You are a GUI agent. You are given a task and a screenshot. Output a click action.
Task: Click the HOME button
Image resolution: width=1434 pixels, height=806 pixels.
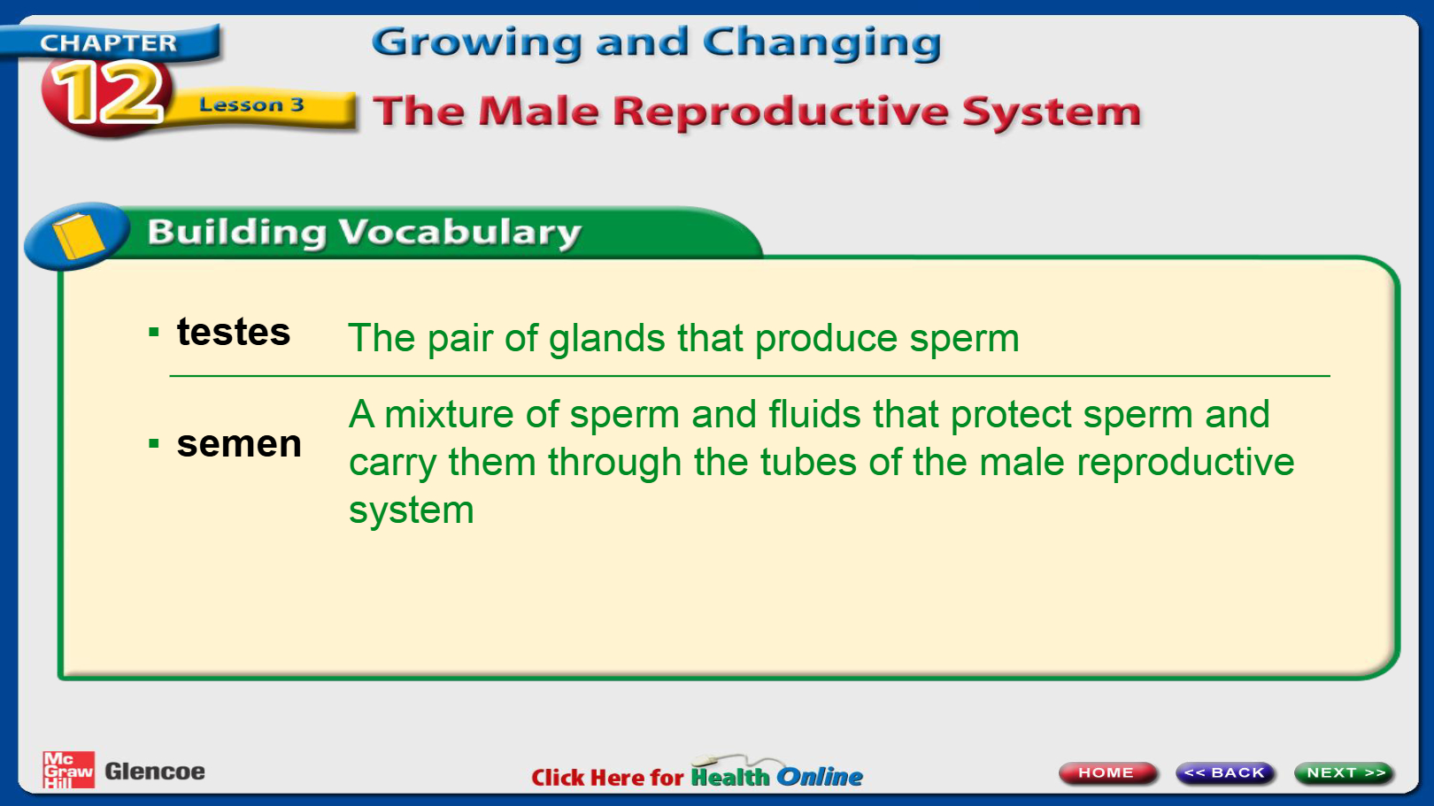coord(1107,772)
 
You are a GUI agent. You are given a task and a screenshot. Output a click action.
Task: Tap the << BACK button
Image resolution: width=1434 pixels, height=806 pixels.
coord(1225,772)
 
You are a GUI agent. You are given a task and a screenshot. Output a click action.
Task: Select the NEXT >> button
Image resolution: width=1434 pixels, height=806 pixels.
coord(1344,772)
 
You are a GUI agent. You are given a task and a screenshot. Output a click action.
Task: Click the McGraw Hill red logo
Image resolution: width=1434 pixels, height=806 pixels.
coord(68,770)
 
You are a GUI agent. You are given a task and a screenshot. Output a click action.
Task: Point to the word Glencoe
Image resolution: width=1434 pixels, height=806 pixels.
coord(155,771)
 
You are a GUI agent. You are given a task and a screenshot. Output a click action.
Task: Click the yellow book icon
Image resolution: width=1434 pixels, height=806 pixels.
coord(78,235)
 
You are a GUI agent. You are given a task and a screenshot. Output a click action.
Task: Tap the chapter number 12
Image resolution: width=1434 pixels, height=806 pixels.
coord(107,93)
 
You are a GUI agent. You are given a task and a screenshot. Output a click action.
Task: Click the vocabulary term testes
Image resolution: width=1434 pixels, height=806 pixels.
coord(234,332)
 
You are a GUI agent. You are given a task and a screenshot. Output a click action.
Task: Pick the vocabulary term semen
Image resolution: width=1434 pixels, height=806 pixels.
coord(239,444)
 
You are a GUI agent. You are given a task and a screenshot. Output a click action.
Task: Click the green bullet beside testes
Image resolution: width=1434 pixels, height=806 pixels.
coord(154,332)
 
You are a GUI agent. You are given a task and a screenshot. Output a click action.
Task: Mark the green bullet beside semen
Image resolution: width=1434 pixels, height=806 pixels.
coord(154,442)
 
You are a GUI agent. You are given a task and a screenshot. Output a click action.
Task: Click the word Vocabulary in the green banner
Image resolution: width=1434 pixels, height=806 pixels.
coord(459,233)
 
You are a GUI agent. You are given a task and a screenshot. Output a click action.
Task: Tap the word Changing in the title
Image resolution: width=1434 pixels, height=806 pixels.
coord(822,43)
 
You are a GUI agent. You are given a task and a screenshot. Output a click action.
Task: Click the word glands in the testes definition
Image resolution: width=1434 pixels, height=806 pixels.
coord(607,339)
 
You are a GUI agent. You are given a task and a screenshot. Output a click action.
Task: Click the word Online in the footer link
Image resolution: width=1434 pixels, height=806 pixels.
coord(820,777)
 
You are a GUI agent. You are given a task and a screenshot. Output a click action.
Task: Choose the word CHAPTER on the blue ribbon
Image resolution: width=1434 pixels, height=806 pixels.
coord(108,42)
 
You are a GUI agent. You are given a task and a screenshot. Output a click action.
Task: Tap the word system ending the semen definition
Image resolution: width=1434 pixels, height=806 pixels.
coord(411,510)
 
